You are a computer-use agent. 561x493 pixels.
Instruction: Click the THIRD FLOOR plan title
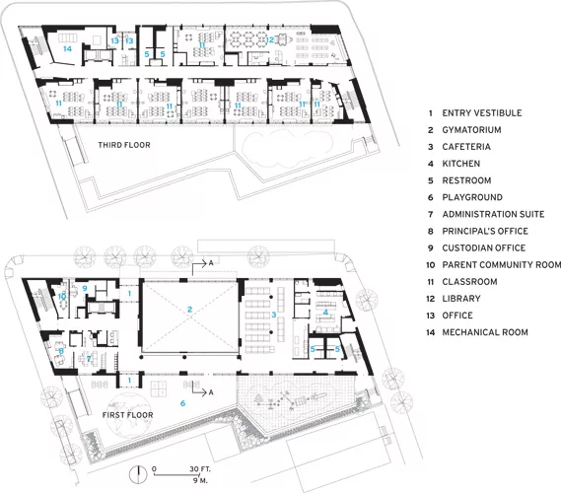[x=124, y=145]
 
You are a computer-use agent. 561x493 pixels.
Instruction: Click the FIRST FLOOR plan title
[x=128, y=415]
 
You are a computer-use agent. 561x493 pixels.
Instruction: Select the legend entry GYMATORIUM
[x=471, y=130]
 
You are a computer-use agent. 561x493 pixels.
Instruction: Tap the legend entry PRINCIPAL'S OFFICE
[x=485, y=231]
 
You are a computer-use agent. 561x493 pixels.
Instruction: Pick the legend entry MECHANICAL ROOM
[x=485, y=332]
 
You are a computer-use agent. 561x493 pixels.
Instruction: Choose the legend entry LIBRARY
[x=461, y=299]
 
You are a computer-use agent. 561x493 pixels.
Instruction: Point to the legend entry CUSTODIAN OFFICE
[x=484, y=247]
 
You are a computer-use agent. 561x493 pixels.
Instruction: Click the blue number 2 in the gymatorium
[x=189, y=309]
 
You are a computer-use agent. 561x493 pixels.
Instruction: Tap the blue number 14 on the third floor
[x=67, y=48]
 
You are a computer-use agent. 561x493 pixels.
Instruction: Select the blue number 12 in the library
[x=270, y=40]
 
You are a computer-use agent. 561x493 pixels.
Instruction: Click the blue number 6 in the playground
[x=182, y=403]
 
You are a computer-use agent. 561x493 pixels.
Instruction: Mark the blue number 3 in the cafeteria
[x=274, y=315]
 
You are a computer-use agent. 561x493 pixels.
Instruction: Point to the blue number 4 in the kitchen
[x=325, y=313]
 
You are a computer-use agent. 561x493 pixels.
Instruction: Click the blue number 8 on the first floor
[x=61, y=351]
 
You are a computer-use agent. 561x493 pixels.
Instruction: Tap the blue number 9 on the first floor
[x=85, y=288]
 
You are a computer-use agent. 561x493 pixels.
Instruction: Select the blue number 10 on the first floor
[x=62, y=297]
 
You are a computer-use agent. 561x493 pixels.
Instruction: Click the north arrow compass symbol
[x=138, y=474]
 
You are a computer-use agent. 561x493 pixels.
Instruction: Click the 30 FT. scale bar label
[x=200, y=469]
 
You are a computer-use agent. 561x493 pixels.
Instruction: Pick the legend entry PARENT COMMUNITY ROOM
[x=502, y=265]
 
